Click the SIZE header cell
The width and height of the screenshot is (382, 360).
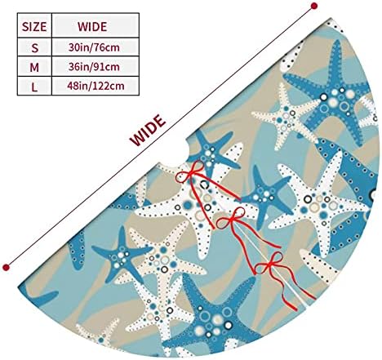34,27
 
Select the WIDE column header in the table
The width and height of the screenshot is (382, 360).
92,27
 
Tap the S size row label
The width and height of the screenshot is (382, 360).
34,48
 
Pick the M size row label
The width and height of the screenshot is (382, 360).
34,67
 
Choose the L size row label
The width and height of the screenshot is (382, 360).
34,87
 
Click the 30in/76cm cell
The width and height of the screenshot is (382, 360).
94,47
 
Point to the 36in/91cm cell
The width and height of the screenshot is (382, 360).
94,67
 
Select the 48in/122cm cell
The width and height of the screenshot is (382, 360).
95,86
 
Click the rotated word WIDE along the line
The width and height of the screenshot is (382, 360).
148,131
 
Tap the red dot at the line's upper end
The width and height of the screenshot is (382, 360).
314,6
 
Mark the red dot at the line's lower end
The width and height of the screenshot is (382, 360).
6,268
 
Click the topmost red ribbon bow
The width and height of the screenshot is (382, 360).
190,172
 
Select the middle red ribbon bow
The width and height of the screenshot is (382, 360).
231,219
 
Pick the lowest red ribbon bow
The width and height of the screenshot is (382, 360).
270,263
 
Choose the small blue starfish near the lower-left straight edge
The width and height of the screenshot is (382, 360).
121,255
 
